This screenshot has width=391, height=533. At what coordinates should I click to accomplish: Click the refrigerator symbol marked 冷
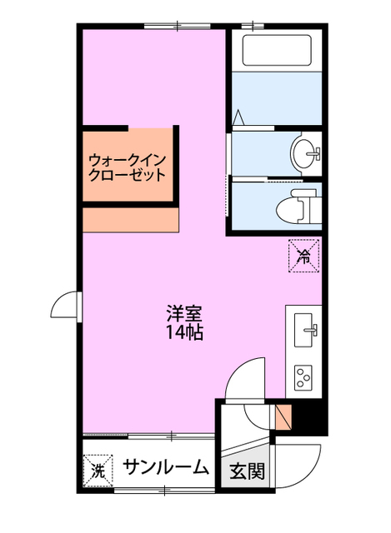[303, 256]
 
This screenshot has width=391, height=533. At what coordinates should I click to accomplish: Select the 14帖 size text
[184, 333]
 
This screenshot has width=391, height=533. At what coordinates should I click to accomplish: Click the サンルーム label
[166, 468]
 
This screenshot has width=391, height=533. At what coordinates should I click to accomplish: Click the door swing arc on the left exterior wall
[65, 308]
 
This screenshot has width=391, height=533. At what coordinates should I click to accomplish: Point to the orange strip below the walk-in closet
[131, 220]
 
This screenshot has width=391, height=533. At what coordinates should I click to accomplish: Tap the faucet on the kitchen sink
[313, 331]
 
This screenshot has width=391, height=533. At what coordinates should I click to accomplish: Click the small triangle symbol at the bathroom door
[238, 117]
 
